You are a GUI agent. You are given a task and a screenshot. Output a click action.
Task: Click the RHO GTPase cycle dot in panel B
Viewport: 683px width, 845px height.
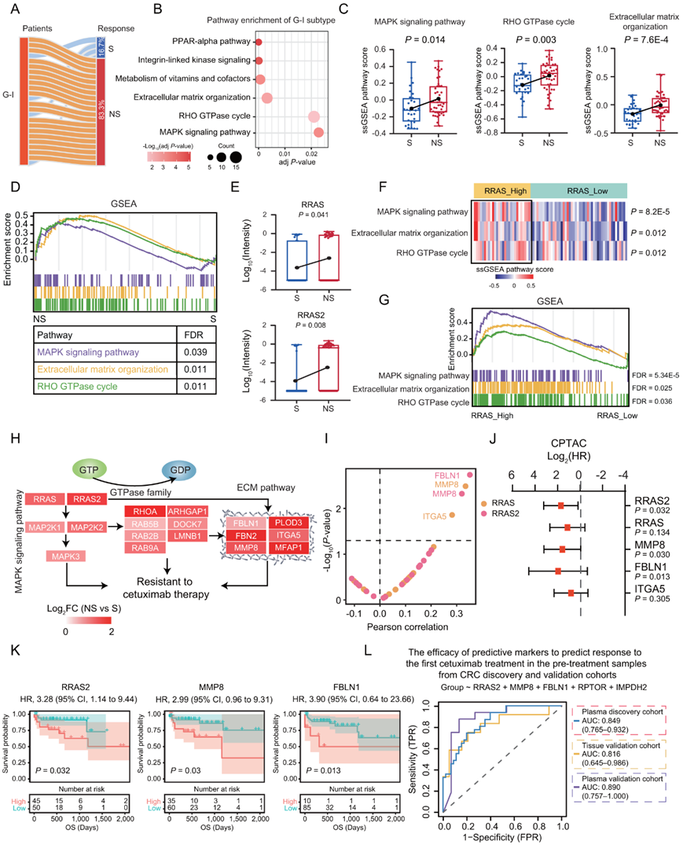pos(314,117)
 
